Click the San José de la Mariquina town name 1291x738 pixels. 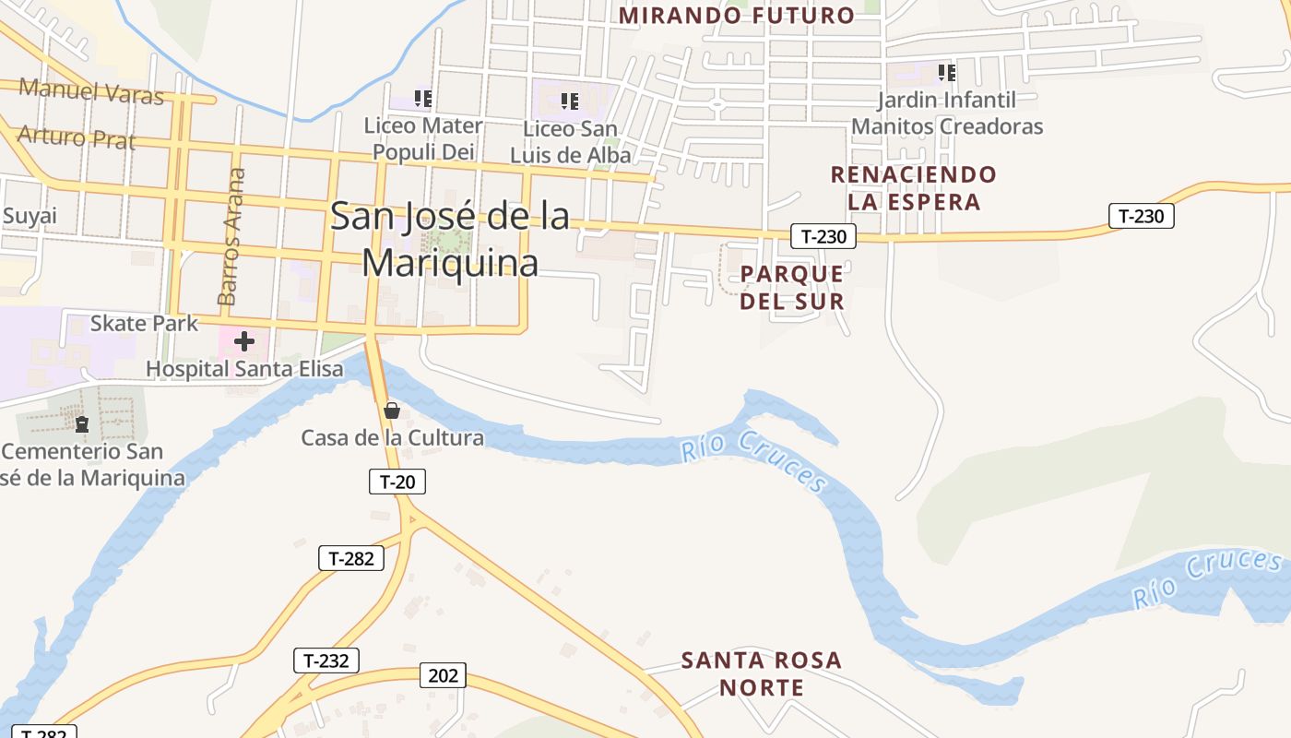(x=450, y=240)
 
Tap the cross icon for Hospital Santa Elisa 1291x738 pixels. (x=243, y=342)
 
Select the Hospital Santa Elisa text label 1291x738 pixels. (x=244, y=369)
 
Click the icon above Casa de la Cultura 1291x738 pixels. (x=392, y=411)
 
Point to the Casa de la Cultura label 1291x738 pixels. (x=392, y=437)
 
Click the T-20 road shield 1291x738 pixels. (x=397, y=482)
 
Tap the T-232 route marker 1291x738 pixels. (x=326, y=661)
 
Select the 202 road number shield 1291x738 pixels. (x=444, y=675)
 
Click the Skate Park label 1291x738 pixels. (x=144, y=323)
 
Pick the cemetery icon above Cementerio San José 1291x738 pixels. (x=82, y=424)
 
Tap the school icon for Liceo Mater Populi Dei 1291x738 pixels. (x=423, y=99)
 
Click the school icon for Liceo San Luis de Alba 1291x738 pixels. (x=570, y=101)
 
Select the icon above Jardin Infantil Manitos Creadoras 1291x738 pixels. (x=946, y=72)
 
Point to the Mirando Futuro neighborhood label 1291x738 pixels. (x=736, y=16)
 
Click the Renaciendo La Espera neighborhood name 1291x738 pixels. (x=913, y=187)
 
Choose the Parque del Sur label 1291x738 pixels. (x=792, y=287)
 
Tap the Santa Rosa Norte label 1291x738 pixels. (x=762, y=673)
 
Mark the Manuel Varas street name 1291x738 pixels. (x=91, y=91)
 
